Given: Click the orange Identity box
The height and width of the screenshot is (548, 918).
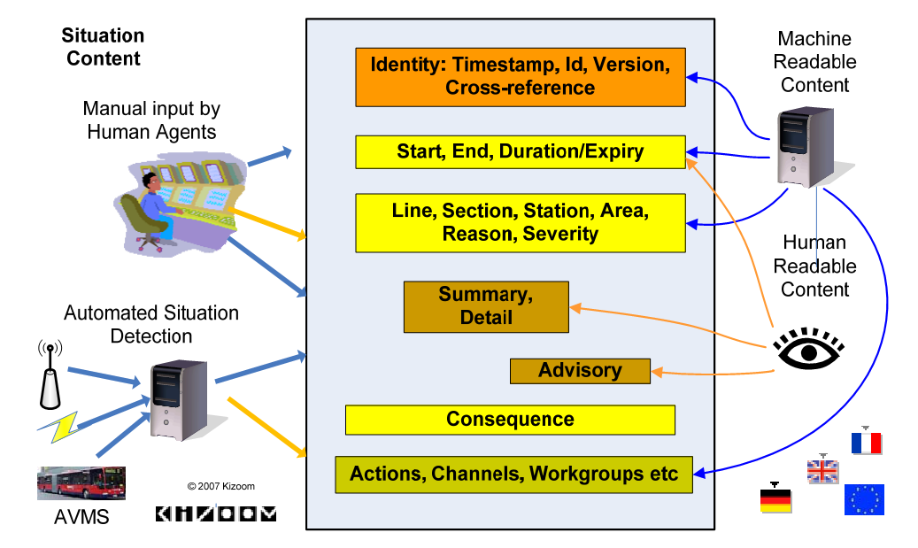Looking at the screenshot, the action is point(521,77).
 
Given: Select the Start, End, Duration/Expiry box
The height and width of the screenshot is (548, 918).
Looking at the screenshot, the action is point(521,152).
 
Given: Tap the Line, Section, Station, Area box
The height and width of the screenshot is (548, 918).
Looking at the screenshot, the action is point(521,223).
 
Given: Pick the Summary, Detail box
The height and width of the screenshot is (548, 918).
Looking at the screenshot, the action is point(486,307).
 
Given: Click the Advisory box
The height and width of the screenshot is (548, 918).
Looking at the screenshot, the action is point(580,371).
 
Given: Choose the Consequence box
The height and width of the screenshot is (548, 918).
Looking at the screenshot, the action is point(510,420).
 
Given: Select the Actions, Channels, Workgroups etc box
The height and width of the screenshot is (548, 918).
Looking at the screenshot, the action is point(514,475).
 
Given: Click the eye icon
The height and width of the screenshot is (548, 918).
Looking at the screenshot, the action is point(808,348).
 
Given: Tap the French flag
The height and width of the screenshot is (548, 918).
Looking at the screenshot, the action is point(867,441).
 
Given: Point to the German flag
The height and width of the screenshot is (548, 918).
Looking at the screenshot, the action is point(775,498).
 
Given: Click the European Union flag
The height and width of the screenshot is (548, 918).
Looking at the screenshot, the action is point(864,499).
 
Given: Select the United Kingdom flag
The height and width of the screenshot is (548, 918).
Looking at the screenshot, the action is point(822,469).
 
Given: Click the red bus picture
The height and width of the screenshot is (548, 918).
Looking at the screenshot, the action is point(81,483).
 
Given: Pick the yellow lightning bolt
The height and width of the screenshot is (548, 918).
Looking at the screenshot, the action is point(58,428).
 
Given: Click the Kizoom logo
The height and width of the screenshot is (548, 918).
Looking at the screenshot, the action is point(216,513).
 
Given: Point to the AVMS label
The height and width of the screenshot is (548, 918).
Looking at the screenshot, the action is point(81,517).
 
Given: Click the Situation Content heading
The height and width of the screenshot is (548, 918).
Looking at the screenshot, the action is point(103,47).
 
